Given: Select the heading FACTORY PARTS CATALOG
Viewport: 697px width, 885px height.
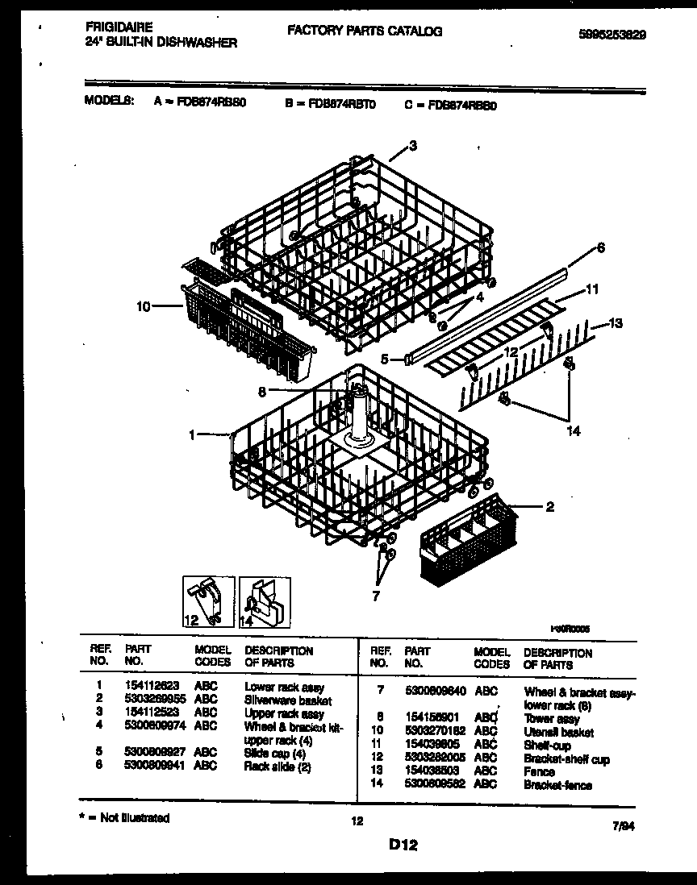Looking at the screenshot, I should [364, 31].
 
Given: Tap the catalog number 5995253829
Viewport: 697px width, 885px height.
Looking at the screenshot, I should [612, 35].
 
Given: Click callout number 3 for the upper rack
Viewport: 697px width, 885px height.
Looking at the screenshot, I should [413, 146].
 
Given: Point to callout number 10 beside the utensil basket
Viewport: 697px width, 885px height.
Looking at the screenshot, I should [144, 306].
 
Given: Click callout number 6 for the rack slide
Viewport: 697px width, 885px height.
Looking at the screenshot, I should [600, 248].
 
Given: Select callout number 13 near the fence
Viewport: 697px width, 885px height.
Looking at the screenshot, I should [616, 324].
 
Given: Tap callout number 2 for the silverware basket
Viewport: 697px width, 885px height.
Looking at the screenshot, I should [550, 507].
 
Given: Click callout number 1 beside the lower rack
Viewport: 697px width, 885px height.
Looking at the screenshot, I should [192, 435].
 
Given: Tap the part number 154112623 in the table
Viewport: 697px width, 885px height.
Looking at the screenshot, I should [152, 688].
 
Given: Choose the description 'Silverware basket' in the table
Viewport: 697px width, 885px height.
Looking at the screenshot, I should [288, 700].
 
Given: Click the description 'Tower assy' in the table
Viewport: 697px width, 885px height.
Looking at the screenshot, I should [552, 719].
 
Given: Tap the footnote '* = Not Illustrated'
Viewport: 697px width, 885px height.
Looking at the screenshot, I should [126, 818].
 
